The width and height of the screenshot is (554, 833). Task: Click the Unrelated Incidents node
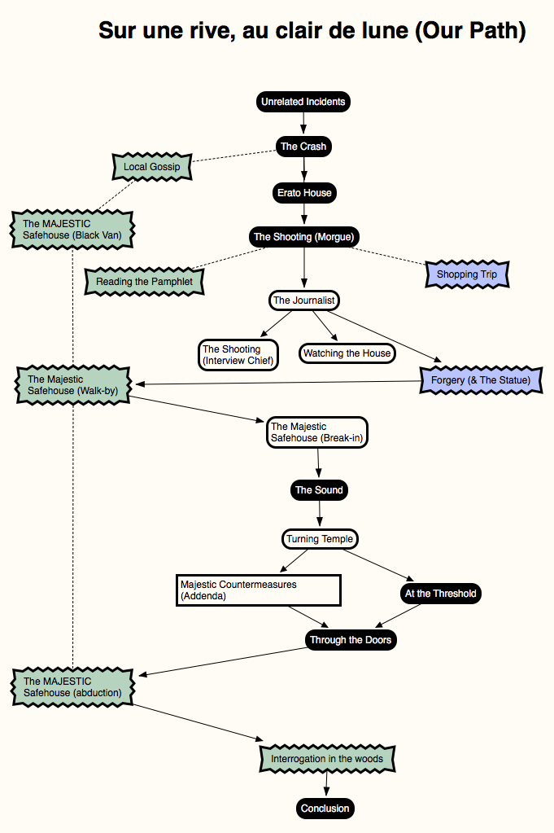[303, 102]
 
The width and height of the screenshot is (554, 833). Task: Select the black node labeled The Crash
[303, 146]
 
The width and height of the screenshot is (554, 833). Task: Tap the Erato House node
[304, 193]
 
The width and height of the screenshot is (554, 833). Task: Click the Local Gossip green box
[152, 167]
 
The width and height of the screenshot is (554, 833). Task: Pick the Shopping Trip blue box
[467, 274]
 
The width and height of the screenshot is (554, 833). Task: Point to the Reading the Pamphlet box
[144, 282]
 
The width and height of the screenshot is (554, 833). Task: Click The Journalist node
[304, 300]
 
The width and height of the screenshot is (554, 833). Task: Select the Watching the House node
[347, 353]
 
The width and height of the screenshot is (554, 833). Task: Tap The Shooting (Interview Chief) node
[238, 355]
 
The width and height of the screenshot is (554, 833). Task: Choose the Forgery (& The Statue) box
[481, 379]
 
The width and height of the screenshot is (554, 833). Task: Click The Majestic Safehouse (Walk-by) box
[72, 385]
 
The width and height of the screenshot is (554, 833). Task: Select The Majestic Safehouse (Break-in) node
[316, 432]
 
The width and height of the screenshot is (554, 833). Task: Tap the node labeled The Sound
[319, 490]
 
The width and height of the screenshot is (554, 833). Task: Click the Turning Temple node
[320, 539]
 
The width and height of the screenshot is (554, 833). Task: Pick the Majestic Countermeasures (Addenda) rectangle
[259, 590]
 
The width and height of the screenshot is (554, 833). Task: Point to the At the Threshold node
[440, 594]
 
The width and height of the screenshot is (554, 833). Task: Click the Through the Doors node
[351, 640]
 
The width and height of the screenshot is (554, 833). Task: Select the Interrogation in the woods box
[327, 759]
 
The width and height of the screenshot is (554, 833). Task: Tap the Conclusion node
[325, 809]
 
